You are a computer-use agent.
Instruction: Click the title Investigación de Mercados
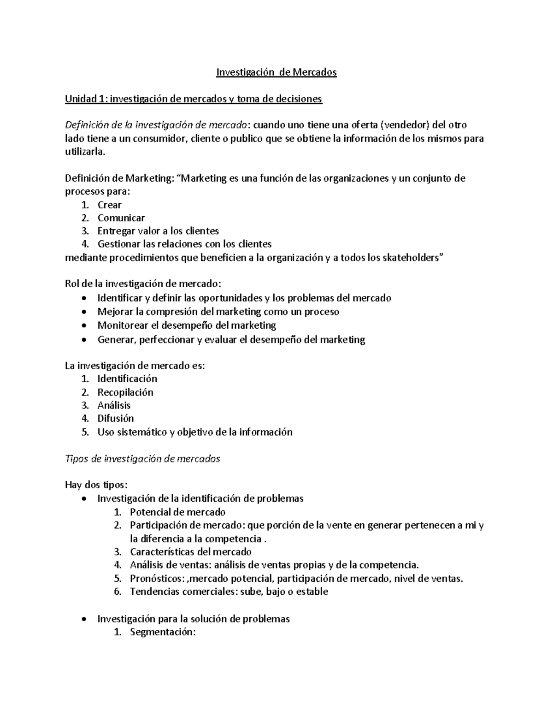pos(276,72)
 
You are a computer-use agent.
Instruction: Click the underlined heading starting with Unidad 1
pos(194,99)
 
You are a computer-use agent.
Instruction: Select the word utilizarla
pos(85,152)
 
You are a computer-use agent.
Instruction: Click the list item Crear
pos(109,205)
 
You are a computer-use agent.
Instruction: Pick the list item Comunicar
pos(121,218)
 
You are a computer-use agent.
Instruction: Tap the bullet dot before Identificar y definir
pos(83,299)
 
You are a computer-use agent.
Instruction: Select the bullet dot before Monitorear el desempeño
pos(83,326)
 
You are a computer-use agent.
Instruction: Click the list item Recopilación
pos(125,392)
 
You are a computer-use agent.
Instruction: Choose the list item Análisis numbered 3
pos(114,406)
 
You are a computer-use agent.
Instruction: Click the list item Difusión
pos(115,419)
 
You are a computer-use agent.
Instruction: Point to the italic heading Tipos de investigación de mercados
pos(143,459)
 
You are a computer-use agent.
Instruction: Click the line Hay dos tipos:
pos(96,485)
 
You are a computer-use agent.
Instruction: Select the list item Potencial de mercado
pos(177,512)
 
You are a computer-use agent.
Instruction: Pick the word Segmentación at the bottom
pos(163,632)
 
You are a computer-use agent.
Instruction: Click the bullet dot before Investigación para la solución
pos(83,619)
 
